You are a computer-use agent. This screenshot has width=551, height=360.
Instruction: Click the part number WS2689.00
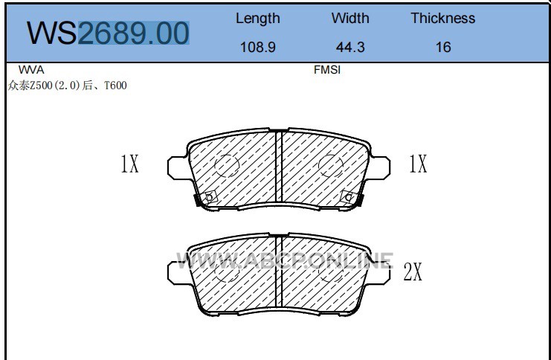[x=108, y=33]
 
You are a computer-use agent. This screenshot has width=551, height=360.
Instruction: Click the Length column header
[x=257, y=19]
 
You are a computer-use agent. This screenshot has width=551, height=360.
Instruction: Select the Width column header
[x=350, y=19]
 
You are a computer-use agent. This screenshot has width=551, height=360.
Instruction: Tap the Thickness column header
[x=442, y=19]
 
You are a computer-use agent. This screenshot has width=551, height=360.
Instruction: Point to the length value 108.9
[x=257, y=47]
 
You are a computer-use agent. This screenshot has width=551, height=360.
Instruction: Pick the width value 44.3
[x=350, y=47]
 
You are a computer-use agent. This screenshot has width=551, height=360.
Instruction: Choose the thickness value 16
[x=442, y=47]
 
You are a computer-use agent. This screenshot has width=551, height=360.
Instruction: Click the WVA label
[x=31, y=70]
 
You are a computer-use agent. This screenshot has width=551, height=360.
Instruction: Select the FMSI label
[x=326, y=70]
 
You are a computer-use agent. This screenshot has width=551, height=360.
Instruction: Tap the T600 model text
[x=115, y=86]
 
